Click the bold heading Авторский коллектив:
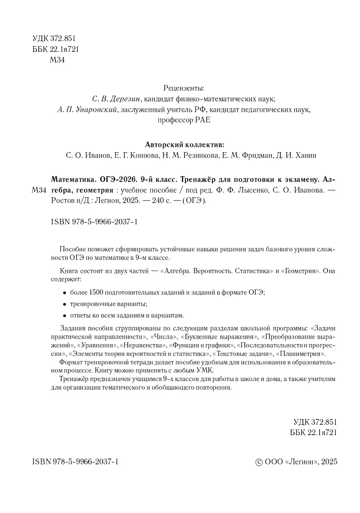point(184,145)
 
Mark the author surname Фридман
point(253,156)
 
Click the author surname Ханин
point(306,156)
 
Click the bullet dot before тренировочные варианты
point(64,304)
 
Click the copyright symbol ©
point(258,463)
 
